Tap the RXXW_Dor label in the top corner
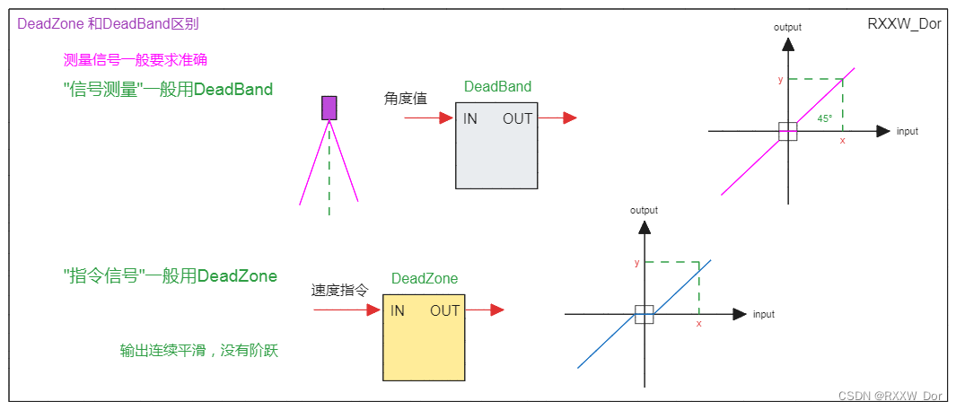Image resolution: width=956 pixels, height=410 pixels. (904, 24)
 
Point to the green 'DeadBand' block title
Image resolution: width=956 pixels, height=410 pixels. (497, 87)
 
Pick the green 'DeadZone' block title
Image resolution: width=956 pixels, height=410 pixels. (425, 278)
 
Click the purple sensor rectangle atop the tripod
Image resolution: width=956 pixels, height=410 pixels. (329, 108)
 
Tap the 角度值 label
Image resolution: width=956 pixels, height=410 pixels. (405, 100)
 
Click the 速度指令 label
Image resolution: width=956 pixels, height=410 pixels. (339, 291)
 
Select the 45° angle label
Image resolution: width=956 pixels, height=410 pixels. (825, 118)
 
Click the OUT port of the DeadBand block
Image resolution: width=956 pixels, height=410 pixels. (518, 119)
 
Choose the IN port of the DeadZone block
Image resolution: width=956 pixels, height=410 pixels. (398, 311)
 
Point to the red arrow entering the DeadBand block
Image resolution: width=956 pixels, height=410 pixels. (429, 118)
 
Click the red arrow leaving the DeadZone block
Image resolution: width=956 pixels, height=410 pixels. (485, 310)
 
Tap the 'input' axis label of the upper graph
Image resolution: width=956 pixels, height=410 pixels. (908, 132)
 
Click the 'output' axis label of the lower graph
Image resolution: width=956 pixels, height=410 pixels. (644, 210)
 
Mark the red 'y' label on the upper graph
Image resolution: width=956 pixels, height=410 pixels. (780, 80)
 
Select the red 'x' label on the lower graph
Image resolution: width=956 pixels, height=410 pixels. (698, 323)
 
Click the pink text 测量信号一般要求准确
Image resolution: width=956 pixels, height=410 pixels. (136, 60)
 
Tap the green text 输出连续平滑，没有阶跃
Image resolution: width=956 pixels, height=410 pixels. (199, 351)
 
